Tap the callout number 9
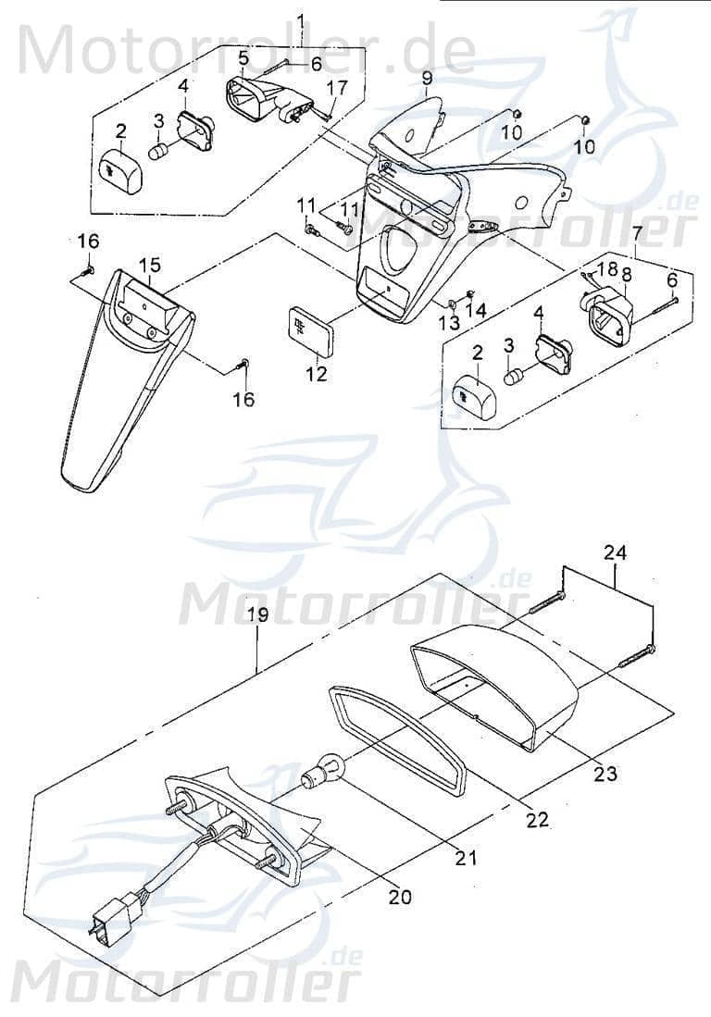(x=427, y=79)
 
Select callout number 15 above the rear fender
(x=150, y=265)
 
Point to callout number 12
(x=318, y=374)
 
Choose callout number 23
(x=605, y=774)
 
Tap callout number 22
(x=537, y=819)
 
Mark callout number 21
(x=466, y=858)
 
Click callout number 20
(x=401, y=896)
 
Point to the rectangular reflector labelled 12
(x=307, y=328)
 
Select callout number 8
(x=627, y=274)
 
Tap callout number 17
(x=337, y=89)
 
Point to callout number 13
(x=449, y=322)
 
